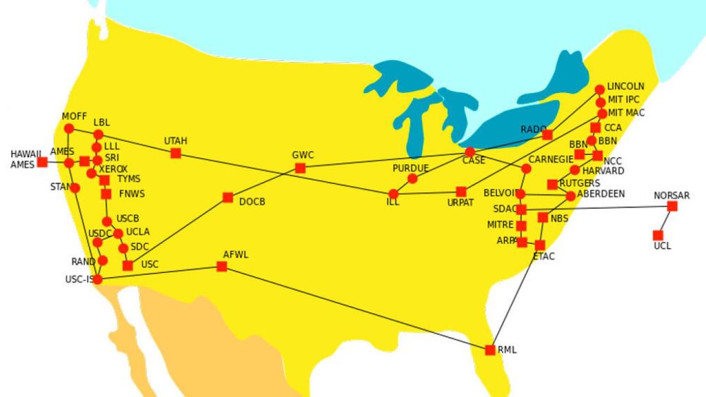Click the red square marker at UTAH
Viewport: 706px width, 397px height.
(176, 153)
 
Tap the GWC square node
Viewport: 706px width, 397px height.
(300, 168)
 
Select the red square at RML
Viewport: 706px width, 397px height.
(490, 350)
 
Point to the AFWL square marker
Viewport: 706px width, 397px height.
(222, 267)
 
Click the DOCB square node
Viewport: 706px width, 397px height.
(228, 198)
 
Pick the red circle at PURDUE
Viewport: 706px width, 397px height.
(412, 179)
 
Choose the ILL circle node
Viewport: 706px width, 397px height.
(394, 194)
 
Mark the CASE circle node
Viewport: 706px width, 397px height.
(470, 152)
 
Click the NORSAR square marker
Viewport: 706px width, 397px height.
(672, 206)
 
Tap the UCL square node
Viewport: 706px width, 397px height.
(658, 235)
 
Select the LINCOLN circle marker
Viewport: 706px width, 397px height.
(600, 90)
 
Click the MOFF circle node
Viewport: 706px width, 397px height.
(69, 129)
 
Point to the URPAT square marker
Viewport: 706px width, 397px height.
(461, 192)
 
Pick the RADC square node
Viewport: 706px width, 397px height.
(547, 135)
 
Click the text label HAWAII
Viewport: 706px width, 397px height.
(26, 154)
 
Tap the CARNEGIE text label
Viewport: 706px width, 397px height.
(551, 159)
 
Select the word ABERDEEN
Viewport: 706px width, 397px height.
(601, 194)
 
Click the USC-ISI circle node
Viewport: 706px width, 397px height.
(97, 279)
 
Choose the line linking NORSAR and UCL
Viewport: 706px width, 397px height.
(665, 221)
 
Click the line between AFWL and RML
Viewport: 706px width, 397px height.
(356, 308)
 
